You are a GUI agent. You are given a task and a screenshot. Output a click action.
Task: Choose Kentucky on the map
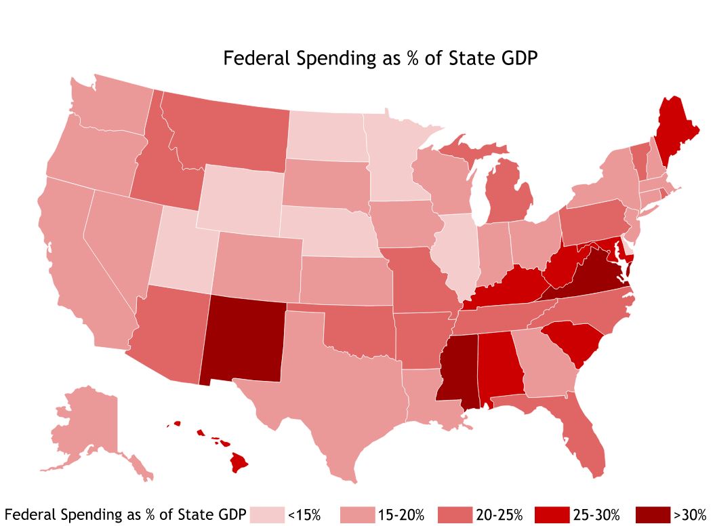[x=508, y=287]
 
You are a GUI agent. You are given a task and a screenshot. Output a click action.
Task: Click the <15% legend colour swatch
[x=267, y=515]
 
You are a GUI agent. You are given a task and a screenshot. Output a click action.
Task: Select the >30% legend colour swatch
[x=653, y=515]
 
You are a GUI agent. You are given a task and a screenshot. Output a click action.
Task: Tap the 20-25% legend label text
[x=499, y=515]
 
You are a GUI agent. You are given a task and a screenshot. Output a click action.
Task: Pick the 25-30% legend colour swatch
[x=552, y=515]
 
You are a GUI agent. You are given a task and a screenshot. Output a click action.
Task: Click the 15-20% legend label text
[x=401, y=515]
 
